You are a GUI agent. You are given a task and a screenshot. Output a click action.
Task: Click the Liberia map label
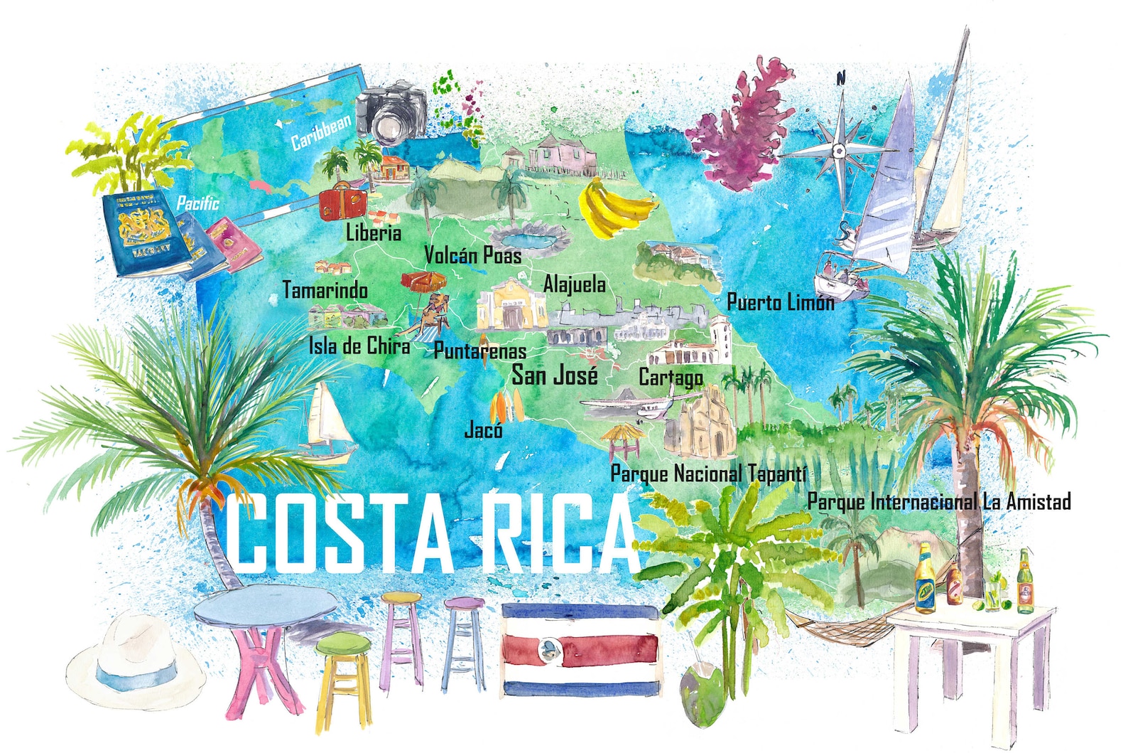(374, 233)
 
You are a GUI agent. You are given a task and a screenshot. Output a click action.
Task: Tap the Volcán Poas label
(472, 255)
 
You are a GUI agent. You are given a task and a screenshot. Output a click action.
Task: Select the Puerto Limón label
(780, 302)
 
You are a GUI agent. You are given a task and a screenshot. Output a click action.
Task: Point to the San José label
(555, 375)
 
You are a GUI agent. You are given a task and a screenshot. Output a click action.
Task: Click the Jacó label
(483, 429)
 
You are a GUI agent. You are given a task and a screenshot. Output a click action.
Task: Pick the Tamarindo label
(325, 290)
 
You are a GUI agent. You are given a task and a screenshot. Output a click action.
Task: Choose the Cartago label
(671, 377)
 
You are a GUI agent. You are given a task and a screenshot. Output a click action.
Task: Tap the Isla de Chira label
(359, 346)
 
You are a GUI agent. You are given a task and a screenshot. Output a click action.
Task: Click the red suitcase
(342, 203)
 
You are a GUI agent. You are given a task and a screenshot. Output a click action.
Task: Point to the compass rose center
(839, 150)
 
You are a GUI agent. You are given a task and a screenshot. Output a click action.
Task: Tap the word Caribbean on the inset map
(321, 132)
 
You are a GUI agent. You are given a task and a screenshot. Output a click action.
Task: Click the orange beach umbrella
(422, 281)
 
